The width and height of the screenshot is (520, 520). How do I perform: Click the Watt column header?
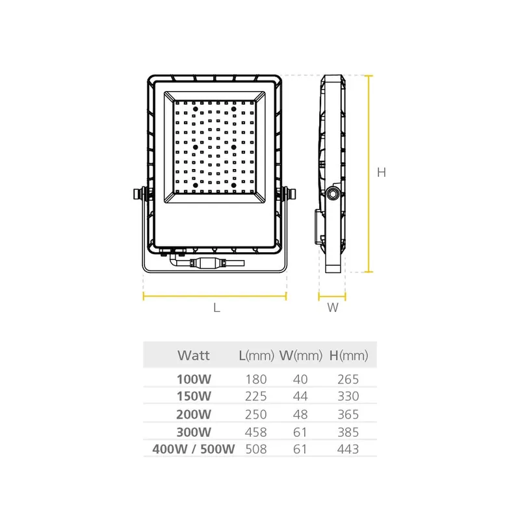coord(193,356)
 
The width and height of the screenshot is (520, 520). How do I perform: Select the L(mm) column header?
coord(255,356)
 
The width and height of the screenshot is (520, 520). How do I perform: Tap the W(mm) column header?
coord(301,356)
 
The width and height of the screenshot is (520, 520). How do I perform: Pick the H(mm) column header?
coord(349,356)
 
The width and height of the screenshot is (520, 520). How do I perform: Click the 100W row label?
coord(194,379)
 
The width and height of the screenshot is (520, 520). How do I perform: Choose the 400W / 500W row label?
coord(193,448)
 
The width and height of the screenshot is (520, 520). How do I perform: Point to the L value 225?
coord(255,396)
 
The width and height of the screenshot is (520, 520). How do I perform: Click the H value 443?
coord(348,448)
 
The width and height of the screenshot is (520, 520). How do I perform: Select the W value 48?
coord(300,413)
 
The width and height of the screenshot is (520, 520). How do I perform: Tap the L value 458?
coord(255,431)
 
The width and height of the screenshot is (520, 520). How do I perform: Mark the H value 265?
coord(348,379)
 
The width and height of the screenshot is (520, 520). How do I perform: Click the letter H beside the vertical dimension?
coord(382,173)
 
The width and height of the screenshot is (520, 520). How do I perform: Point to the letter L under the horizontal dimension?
coord(216,308)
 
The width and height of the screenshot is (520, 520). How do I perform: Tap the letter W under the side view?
coord(332,308)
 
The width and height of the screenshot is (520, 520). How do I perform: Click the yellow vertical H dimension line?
coord(369,173)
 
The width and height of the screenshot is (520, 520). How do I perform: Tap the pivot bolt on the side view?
coord(333,193)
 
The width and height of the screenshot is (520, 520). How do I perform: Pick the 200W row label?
coord(194,413)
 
